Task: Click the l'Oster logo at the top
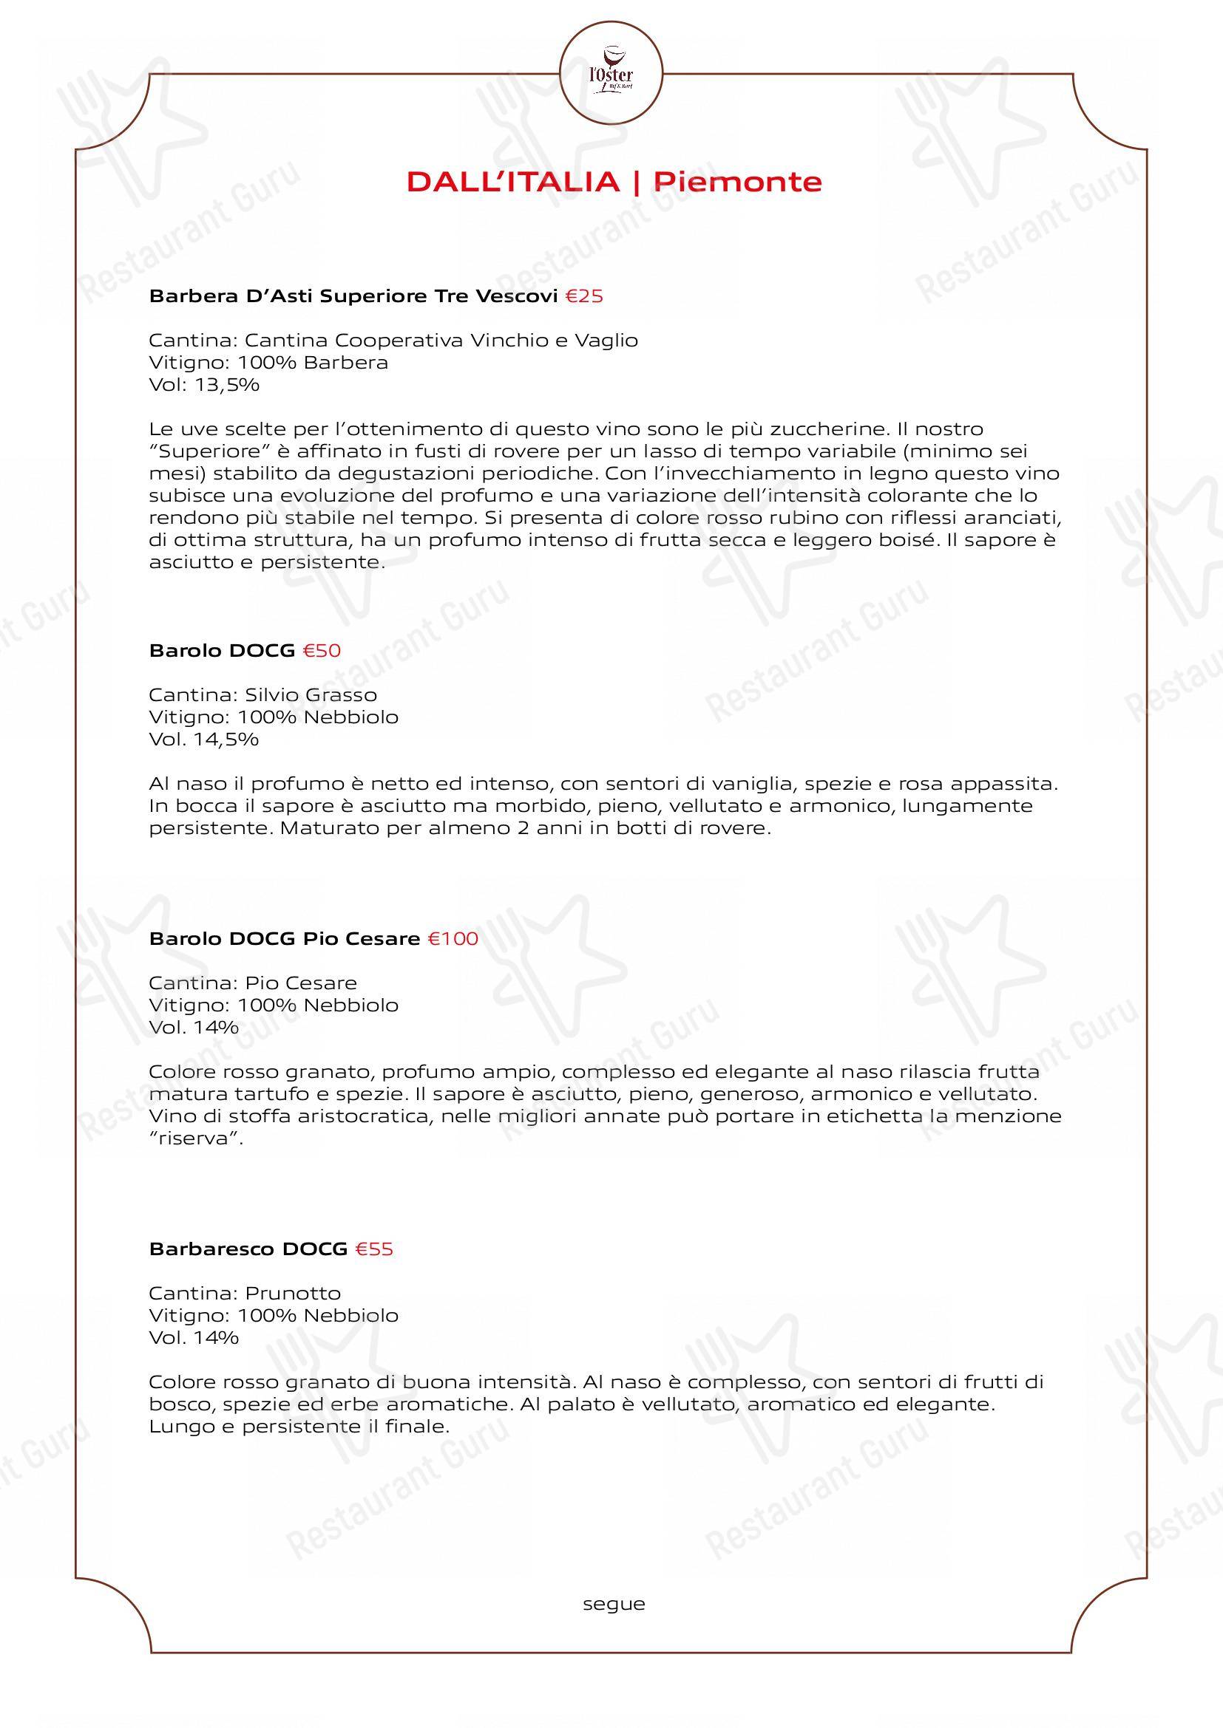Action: [611, 73]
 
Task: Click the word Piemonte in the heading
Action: [737, 182]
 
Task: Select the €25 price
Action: [584, 296]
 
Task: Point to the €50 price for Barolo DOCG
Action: [322, 650]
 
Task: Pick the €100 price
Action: [453, 938]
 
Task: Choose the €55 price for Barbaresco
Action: [374, 1249]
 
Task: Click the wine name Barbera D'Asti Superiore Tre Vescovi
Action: [353, 296]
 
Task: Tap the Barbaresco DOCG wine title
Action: [248, 1249]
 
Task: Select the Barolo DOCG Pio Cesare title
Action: [285, 938]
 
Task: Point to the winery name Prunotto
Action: [293, 1293]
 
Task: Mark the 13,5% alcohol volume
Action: [227, 385]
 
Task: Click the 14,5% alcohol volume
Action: [226, 739]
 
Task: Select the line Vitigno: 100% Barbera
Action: [269, 363]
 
